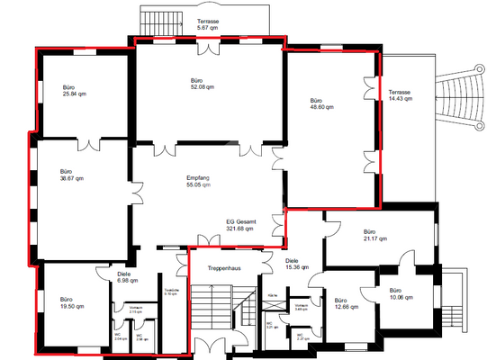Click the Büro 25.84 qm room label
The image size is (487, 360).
click(74, 90)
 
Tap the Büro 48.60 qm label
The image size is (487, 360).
click(321, 103)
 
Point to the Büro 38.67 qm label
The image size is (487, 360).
click(71, 175)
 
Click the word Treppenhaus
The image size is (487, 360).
click(221, 269)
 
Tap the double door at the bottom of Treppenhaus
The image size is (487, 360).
click(210, 347)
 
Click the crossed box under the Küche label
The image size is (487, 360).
click(275, 307)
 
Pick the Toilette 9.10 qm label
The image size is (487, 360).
click(171, 292)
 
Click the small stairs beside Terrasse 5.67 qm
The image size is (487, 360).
click(151, 19)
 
